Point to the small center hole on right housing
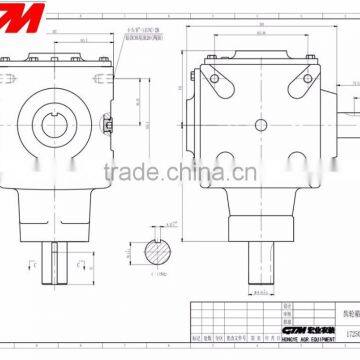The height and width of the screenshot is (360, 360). point(261,125)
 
